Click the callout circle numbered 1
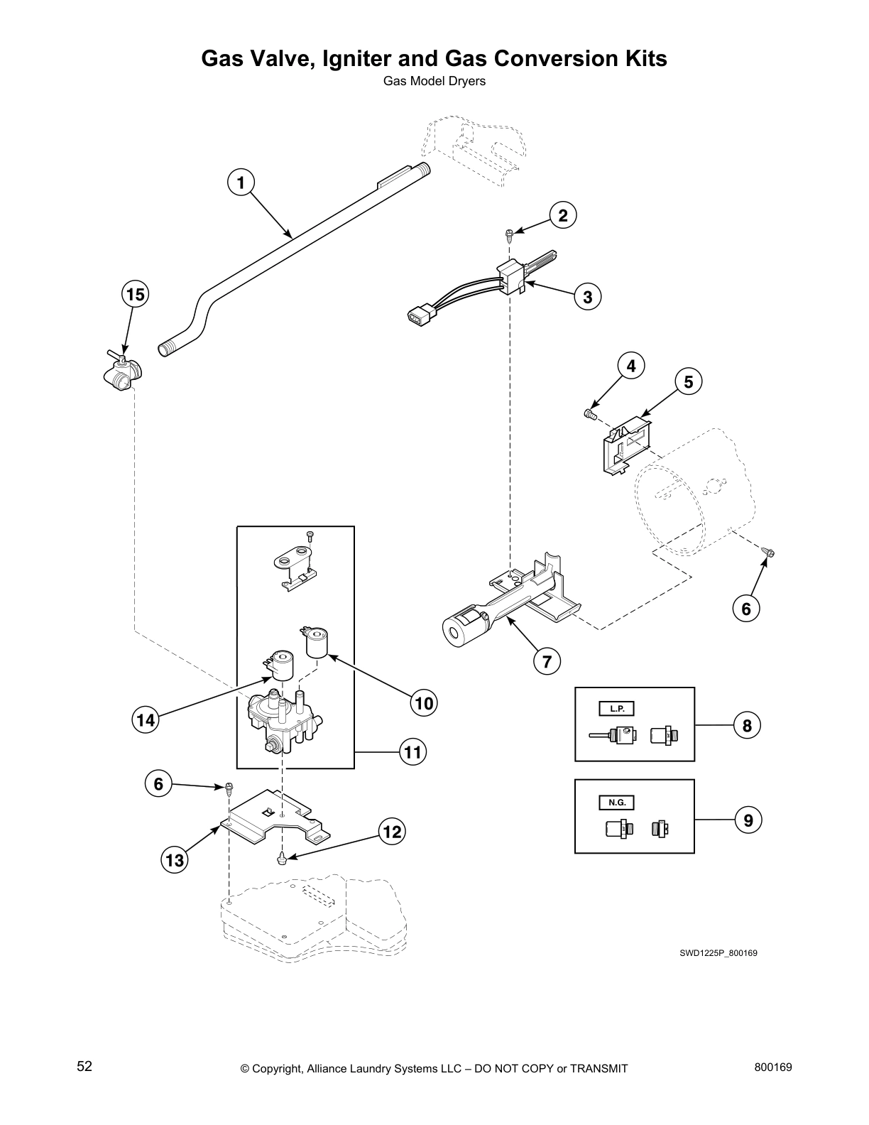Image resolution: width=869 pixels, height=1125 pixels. pos(241,183)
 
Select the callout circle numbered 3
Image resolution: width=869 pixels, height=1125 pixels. pos(587,297)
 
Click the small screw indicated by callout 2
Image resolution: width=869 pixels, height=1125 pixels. pos(509,232)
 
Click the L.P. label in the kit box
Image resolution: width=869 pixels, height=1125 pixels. pos(616,709)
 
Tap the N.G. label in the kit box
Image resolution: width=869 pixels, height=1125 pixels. pos(616,803)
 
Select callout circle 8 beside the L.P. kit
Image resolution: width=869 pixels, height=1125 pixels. pos(747,725)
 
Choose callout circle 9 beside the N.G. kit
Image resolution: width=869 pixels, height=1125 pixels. pos(748,821)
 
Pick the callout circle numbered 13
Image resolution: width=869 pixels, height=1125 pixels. pos(175,861)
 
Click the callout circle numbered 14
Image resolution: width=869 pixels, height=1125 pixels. pos(146,720)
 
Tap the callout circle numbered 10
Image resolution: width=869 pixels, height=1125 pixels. pos(423,703)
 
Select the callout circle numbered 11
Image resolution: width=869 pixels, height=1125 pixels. pos(412,751)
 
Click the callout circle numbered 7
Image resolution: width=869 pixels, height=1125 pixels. pos(547,662)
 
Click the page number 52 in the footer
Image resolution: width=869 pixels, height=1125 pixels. pos(84,1066)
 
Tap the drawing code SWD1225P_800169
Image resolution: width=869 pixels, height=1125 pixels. pos(718,952)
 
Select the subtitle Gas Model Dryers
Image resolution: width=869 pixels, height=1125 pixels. pos(434,81)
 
